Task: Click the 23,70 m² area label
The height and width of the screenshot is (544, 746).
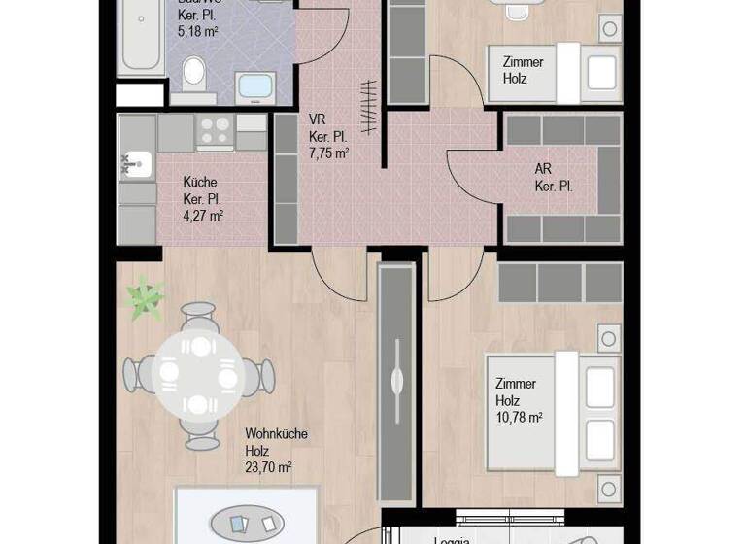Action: (268, 467)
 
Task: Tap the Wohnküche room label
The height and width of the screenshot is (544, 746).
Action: (276, 434)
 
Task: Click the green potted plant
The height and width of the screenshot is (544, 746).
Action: (146, 298)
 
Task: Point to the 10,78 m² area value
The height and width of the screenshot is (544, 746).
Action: (519, 418)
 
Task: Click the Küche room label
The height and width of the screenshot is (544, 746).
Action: (200, 183)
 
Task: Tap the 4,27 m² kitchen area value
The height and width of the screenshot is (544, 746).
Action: (203, 216)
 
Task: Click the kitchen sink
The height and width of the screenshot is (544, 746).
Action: (137, 164)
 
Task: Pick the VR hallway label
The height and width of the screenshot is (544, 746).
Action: (317, 119)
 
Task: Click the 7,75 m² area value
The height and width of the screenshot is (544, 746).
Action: (328, 153)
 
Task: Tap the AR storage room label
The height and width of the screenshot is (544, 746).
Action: (543, 169)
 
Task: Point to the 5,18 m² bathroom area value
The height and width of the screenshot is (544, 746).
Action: (197, 32)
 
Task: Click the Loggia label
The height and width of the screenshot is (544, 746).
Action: (452, 539)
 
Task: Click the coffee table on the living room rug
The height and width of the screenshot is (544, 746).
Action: (248, 523)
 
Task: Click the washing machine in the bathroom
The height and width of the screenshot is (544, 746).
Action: (256, 87)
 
